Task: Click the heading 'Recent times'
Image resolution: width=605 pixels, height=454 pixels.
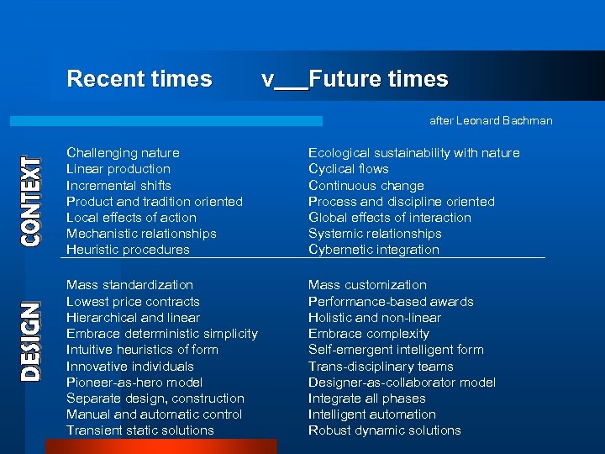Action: pyautogui.click(x=139, y=79)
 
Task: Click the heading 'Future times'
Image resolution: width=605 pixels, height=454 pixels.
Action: pyautogui.click(x=378, y=79)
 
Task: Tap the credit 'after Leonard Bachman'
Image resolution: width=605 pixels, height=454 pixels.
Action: pyautogui.click(x=491, y=120)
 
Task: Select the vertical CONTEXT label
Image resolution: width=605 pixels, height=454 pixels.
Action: pyautogui.click(x=31, y=201)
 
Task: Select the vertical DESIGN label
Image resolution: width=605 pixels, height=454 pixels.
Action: pyautogui.click(x=31, y=341)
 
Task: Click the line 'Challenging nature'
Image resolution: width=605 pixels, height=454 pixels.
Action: pyautogui.click(x=123, y=153)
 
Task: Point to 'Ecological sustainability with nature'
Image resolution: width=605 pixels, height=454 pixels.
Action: pyautogui.click(x=413, y=153)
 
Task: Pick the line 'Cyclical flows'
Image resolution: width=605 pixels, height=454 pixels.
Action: pyautogui.click(x=348, y=169)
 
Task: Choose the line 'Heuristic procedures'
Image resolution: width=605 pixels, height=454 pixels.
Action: pyautogui.click(x=128, y=250)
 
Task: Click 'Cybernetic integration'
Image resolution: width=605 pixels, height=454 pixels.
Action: pyautogui.click(x=373, y=250)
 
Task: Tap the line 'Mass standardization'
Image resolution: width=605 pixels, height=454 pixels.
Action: pyautogui.click(x=129, y=285)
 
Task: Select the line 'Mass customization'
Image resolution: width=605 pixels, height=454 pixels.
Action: pyautogui.click(x=367, y=285)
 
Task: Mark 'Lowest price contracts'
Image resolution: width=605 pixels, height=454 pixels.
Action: pyautogui.click(x=133, y=302)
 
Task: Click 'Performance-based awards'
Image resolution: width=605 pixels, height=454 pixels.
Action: pyautogui.click(x=391, y=302)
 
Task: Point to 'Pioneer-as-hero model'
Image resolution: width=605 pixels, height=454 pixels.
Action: pyautogui.click(x=134, y=383)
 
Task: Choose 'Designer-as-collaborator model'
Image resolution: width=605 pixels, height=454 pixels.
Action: pyautogui.click(x=402, y=383)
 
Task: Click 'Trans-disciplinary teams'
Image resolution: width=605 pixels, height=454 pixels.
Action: pyautogui.click(x=381, y=367)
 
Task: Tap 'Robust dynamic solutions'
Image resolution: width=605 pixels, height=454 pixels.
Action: pyautogui.click(x=384, y=430)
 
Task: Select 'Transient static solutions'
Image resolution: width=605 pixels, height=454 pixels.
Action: pyautogui.click(x=140, y=430)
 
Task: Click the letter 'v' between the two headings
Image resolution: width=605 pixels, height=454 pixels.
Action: pyautogui.click(x=267, y=80)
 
